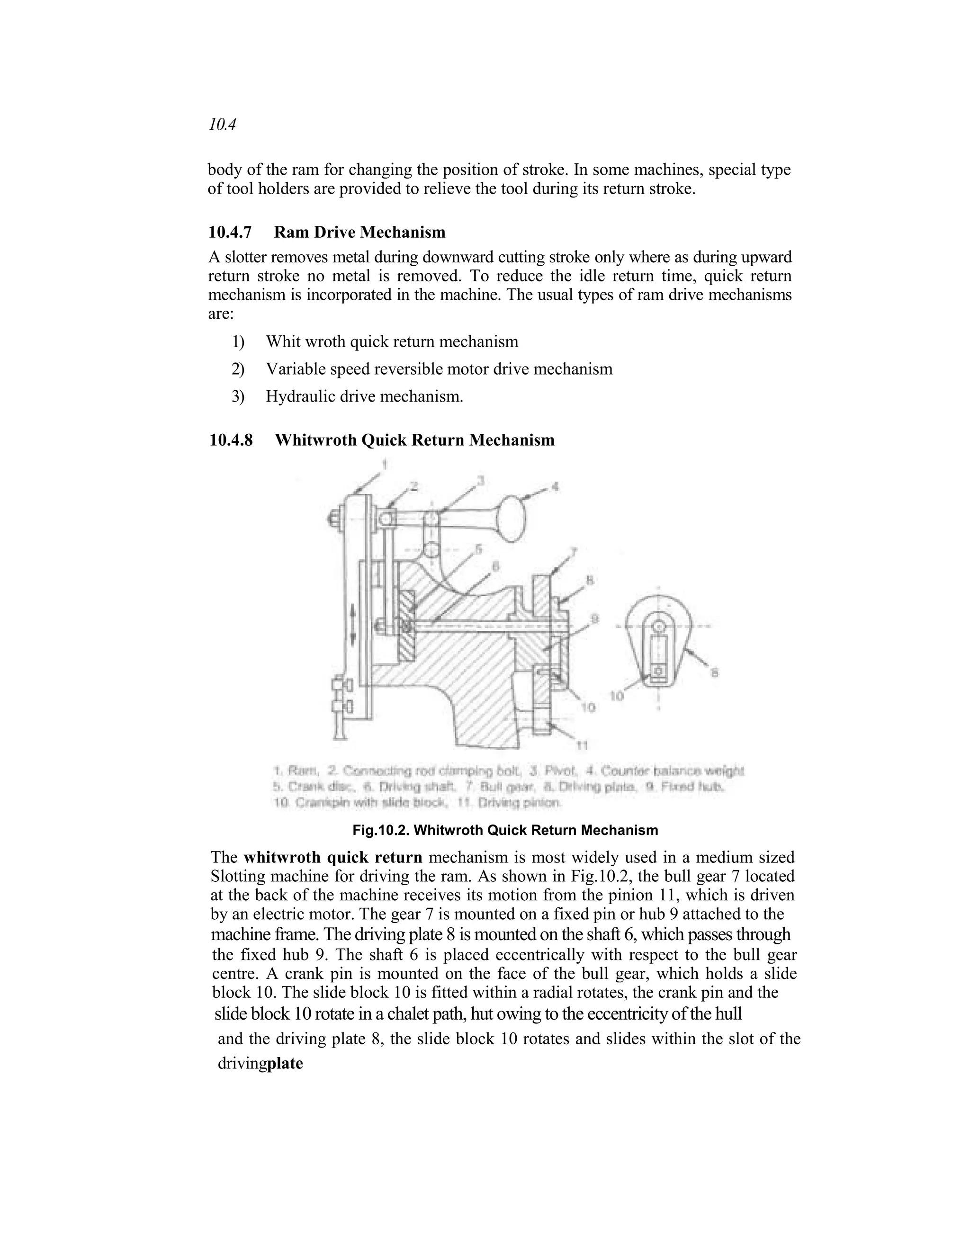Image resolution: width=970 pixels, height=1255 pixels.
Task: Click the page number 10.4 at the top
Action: [223, 125]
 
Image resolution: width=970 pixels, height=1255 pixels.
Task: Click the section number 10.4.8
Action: [231, 440]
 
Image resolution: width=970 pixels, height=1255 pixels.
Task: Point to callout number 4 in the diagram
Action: [555, 487]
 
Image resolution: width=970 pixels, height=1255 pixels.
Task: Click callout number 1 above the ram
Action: [385, 463]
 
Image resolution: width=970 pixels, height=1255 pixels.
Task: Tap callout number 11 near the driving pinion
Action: [583, 746]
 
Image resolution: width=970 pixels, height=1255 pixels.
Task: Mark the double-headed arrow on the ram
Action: [353, 627]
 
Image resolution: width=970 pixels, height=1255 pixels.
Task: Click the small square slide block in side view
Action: [660, 671]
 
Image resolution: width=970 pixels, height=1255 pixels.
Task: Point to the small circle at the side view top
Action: [660, 624]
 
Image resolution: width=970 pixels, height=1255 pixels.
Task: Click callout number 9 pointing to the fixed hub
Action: [595, 619]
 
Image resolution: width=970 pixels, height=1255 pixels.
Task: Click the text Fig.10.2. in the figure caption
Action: [380, 830]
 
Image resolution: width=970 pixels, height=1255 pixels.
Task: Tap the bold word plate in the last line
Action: [286, 1063]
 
